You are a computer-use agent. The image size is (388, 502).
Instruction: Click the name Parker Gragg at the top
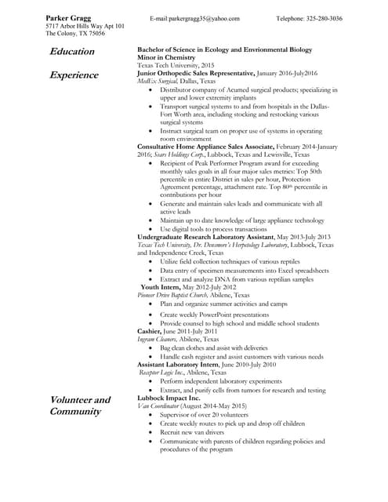coord(68,16)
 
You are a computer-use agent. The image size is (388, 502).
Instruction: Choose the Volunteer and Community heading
coord(80,406)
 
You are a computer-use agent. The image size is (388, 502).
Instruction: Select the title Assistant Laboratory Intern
coord(184,365)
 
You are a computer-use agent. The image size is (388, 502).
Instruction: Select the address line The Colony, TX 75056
coord(76,34)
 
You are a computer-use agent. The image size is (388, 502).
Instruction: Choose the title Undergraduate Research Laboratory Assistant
coord(206,236)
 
